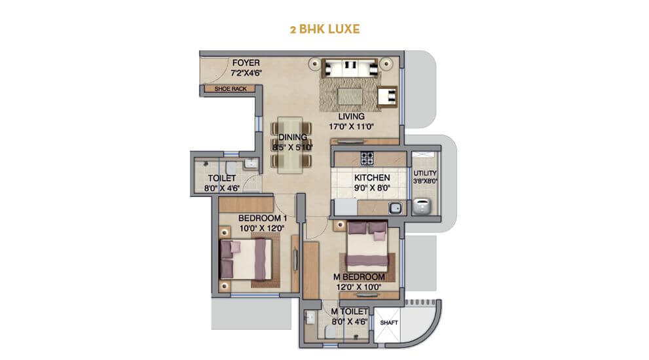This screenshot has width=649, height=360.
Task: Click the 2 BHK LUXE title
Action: click(324, 29)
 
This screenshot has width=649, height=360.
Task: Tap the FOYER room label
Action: click(246, 63)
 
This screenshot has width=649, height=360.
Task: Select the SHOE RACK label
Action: click(226, 89)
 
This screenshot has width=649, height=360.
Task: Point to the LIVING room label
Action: click(352, 117)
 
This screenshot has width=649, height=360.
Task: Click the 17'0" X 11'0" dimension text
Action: click(352, 127)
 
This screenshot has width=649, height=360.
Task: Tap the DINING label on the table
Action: click(292, 137)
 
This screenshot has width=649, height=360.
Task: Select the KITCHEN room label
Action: click(372, 177)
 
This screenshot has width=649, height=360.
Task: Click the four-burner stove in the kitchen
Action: click(367, 158)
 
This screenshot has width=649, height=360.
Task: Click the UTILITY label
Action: click(426, 173)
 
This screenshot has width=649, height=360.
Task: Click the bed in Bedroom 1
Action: click(246, 259)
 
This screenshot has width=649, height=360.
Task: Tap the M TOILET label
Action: click(349, 312)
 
